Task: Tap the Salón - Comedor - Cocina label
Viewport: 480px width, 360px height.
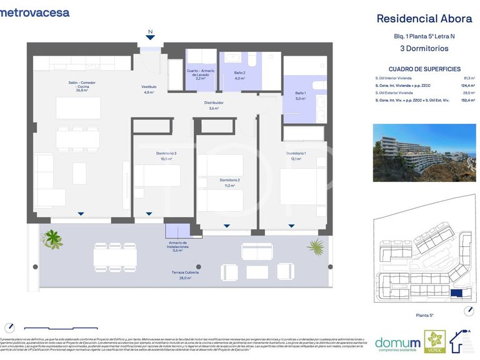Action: click(x=82, y=86)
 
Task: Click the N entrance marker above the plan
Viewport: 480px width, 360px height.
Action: click(x=150, y=31)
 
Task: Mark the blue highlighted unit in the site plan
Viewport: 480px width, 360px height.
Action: click(x=457, y=292)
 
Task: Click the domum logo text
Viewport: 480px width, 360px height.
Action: click(x=397, y=342)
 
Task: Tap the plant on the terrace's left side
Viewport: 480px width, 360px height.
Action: click(x=52, y=239)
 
